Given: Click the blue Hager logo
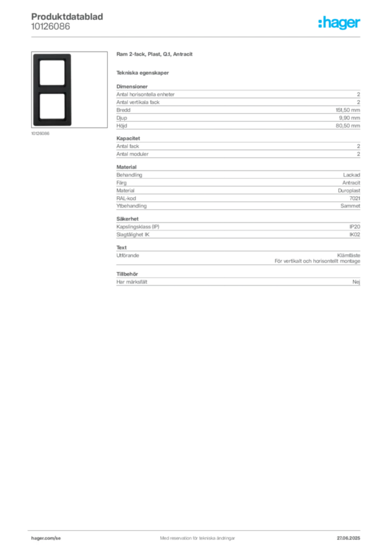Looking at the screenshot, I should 340,23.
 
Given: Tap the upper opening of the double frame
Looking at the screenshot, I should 51,72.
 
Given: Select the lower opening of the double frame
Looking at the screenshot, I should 51,107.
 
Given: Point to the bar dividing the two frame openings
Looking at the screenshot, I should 51,90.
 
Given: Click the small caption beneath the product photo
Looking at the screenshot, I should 41,133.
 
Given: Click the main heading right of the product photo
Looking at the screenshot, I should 156,55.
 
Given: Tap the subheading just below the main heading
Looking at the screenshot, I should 144,72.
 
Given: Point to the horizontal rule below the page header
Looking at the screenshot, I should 214,36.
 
